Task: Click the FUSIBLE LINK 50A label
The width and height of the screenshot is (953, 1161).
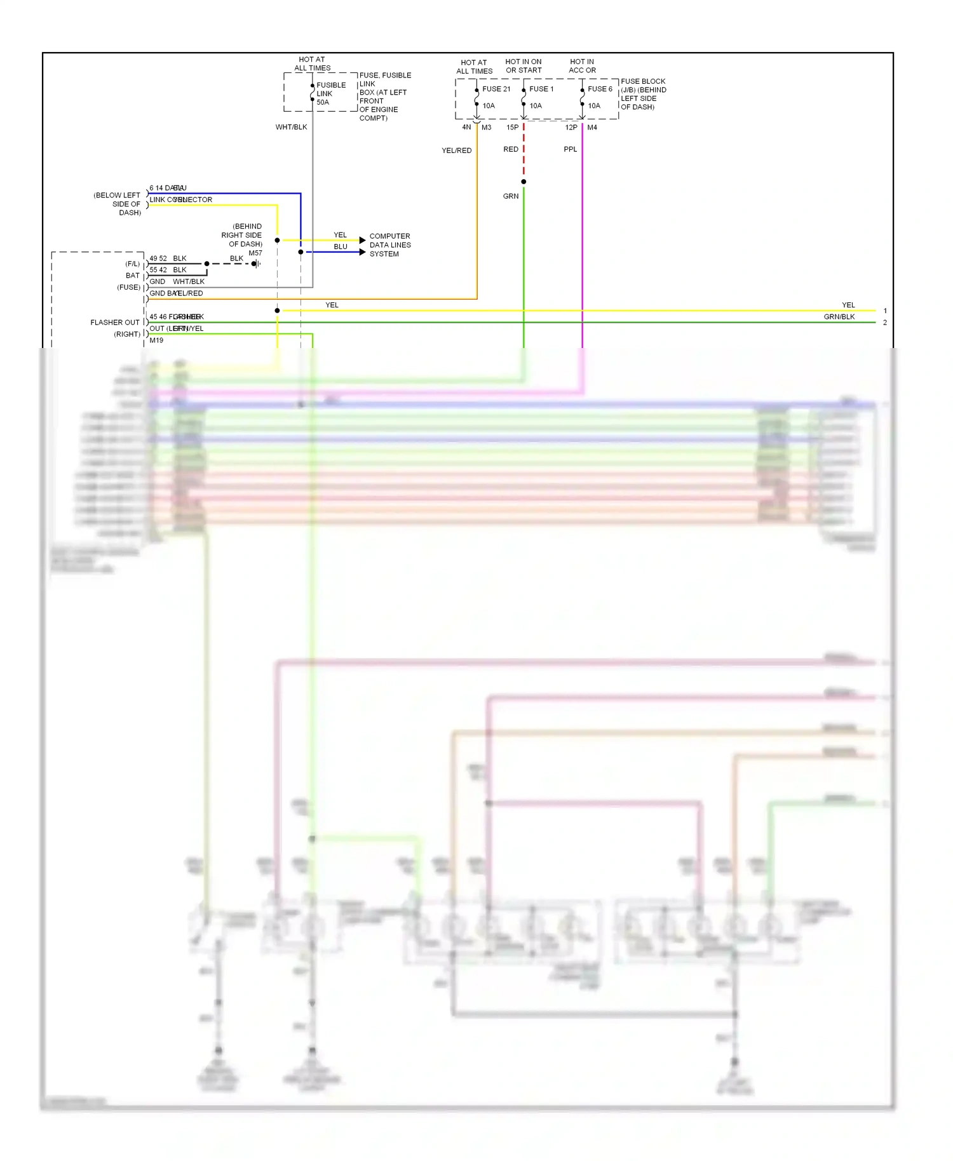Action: pos(330,93)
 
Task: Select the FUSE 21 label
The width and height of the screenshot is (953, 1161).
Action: pos(496,89)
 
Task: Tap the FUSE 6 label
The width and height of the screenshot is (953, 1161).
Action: pos(600,89)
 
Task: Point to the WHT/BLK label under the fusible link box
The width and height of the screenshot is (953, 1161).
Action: pos(291,127)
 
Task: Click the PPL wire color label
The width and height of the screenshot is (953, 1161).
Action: pos(571,149)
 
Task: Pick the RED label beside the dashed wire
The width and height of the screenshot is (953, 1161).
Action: pos(511,149)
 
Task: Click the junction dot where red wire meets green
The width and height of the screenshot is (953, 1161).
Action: pos(524,182)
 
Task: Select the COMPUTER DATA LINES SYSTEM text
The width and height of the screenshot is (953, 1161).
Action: pos(390,245)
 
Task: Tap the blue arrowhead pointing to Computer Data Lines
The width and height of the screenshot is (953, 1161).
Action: pos(362,252)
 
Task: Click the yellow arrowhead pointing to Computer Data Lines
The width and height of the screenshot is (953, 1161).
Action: pos(362,240)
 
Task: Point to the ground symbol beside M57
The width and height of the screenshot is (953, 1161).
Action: pos(256,264)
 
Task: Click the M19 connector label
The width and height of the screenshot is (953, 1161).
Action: pos(156,340)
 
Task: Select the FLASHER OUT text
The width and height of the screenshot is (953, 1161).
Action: pos(115,323)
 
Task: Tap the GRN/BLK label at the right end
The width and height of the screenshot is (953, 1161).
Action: pos(839,317)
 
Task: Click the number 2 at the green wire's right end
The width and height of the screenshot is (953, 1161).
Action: pos(885,323)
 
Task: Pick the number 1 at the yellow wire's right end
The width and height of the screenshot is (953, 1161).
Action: pos(885,311)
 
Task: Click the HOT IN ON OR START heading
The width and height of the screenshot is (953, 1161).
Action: pos(524,66)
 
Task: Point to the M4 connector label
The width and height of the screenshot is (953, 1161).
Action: pos(592,128)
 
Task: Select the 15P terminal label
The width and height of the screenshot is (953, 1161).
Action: pos(512,128)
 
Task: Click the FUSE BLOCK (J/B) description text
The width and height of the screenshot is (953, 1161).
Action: pos(643,94)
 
